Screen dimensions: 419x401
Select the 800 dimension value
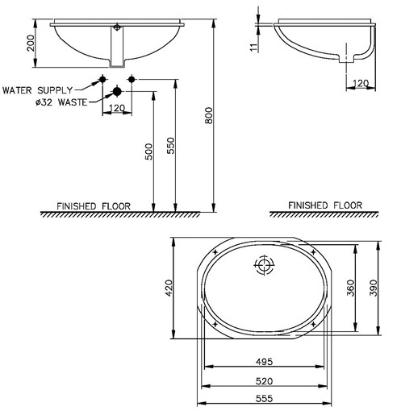coord(209,117)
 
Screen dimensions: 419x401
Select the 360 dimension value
coord(350,288)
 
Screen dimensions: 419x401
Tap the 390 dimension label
coord(373,288)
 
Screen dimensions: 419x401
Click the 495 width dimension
coord(264,363)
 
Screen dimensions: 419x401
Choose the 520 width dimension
coord(264,380)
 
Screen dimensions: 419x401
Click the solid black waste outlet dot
coord(117,90)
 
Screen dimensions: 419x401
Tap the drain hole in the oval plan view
coord(265,265)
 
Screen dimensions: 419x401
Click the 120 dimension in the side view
coord(360,83)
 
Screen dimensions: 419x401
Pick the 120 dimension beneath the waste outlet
coord(116,108)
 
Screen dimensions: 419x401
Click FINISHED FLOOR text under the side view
coord(325,205)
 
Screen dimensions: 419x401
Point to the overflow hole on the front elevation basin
coord(119,28)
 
